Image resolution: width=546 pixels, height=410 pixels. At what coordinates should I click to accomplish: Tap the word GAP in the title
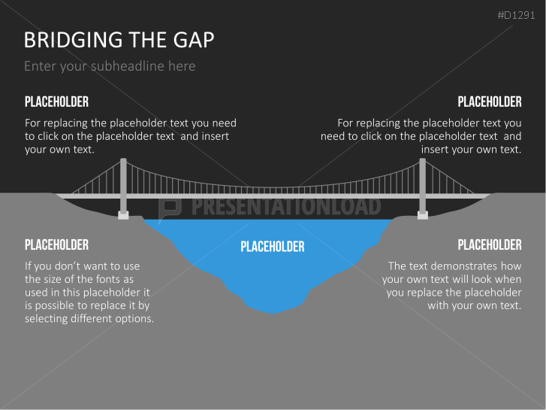coord(192,40)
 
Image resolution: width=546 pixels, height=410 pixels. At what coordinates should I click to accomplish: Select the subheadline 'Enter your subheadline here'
coord(110,66)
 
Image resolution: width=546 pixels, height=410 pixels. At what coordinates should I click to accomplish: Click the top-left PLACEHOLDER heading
coord(56,102)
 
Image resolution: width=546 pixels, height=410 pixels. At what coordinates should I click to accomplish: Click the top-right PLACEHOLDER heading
coord(489,102)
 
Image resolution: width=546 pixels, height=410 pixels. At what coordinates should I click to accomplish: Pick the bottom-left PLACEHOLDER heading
coord(56,244)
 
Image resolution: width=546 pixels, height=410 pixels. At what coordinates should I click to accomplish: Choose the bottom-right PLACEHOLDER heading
coord(489,244)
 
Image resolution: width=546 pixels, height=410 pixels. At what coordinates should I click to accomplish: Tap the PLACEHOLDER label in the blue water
coord(273,247)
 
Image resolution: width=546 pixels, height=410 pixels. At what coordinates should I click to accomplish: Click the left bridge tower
coord(122,184)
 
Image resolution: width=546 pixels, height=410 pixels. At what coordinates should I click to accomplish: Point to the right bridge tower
coord(423,184)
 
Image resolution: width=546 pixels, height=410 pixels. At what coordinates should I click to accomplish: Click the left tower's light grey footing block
coord(122,215)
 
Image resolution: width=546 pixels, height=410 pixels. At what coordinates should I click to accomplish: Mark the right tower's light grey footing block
coord(423,215)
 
